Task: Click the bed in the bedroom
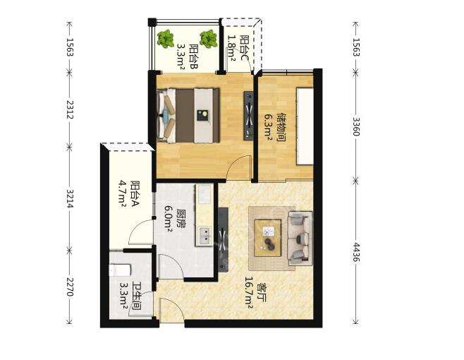188,115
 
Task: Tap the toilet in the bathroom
120,270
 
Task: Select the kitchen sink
204,236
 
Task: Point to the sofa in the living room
300,238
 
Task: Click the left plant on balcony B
166,39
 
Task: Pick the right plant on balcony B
209,39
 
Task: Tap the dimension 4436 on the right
356,253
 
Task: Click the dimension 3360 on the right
356,126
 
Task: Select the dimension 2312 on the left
70,109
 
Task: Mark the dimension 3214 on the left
70,198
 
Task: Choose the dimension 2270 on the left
70,287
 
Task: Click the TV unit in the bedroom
248,116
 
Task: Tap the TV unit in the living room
223,239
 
